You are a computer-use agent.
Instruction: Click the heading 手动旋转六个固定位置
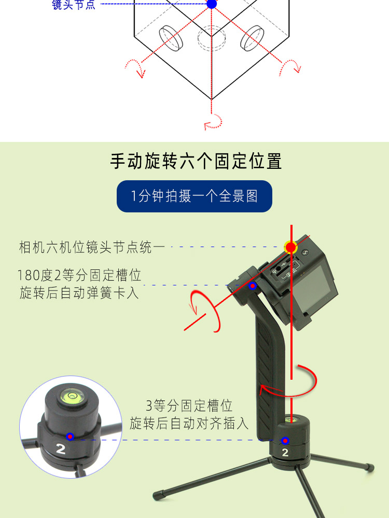coord(196,161)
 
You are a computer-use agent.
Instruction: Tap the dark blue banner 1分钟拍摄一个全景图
coord(195,196)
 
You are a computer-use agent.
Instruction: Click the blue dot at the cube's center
coord(212,4)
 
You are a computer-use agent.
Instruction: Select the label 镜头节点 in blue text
coord(74,5)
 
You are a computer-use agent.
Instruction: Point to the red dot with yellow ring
coord(291,247)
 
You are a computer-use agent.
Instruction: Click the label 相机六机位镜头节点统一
coord(92,247)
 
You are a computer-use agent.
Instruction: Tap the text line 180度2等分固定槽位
coord(79,275)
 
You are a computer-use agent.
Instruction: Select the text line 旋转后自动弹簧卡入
coord(79,293)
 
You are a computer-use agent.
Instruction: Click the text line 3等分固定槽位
coord(189,406)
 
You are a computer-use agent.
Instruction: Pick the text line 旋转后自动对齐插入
coord(189,423)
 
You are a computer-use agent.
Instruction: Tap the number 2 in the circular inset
coord(61,449)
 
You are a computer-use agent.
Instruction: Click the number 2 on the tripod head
coord(285,452)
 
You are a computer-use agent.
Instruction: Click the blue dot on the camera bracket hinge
coord(253,286)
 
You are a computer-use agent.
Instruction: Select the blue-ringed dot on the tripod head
coord(285,441)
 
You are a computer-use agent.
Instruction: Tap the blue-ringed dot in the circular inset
coord(70,437)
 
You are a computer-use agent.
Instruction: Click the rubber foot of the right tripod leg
coord(369,467)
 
